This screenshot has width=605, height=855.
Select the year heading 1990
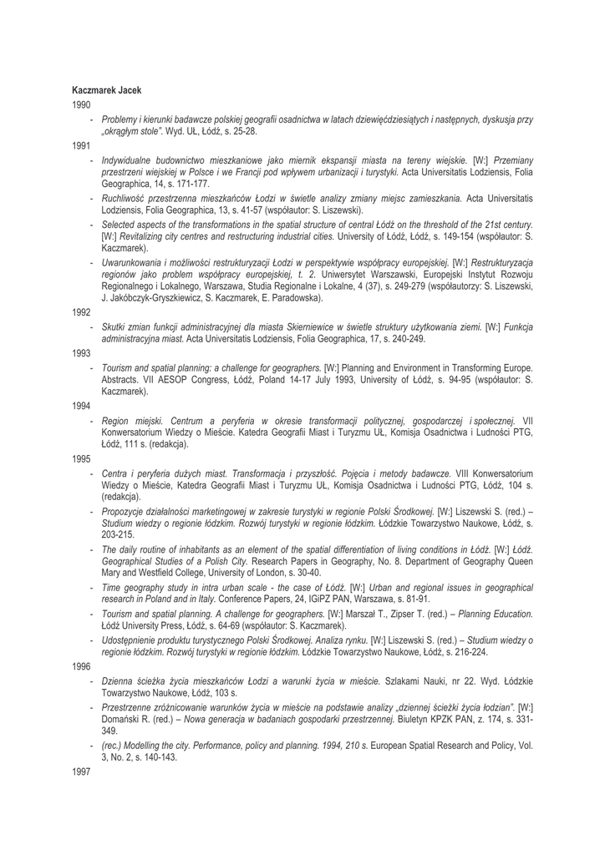point(80,104)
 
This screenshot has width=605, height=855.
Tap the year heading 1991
point(80,144)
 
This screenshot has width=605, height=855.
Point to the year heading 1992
point(80,311)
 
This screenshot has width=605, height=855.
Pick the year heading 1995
point(80,458)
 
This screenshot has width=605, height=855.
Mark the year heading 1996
point(80,668)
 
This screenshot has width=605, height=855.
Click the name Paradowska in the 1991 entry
point(294,297)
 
